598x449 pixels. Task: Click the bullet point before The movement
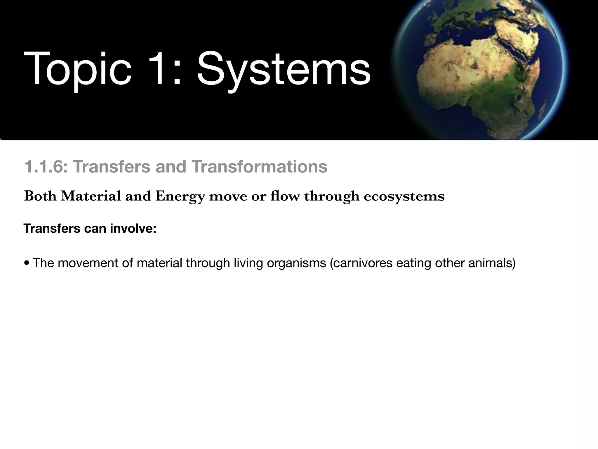coord(27,263)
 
